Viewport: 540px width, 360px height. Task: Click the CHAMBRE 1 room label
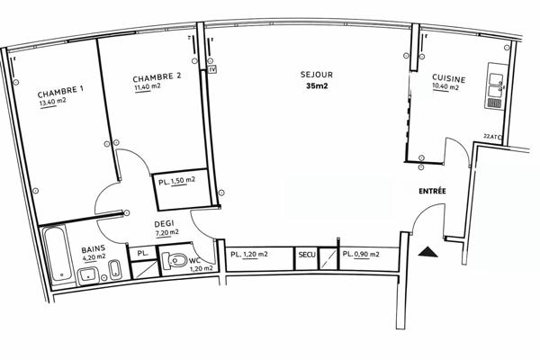click(60, 92)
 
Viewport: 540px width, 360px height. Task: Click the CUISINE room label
click(447, 77)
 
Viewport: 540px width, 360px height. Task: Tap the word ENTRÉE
click(435, 193)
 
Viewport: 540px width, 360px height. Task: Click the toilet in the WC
click(179, 262)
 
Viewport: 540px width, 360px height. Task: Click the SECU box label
click(308, 256)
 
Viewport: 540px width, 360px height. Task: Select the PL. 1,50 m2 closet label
click(176, 181)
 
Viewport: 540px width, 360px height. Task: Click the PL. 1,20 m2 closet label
click(249, 256)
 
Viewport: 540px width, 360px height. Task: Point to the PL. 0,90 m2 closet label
click(361, 256)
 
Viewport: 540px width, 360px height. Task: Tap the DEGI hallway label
click(164, 222)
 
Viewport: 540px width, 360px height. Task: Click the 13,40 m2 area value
click(53, 102)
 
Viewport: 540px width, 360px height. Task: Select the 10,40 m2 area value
click(445, 88)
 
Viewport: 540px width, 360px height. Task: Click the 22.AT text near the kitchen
click(491, 136)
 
